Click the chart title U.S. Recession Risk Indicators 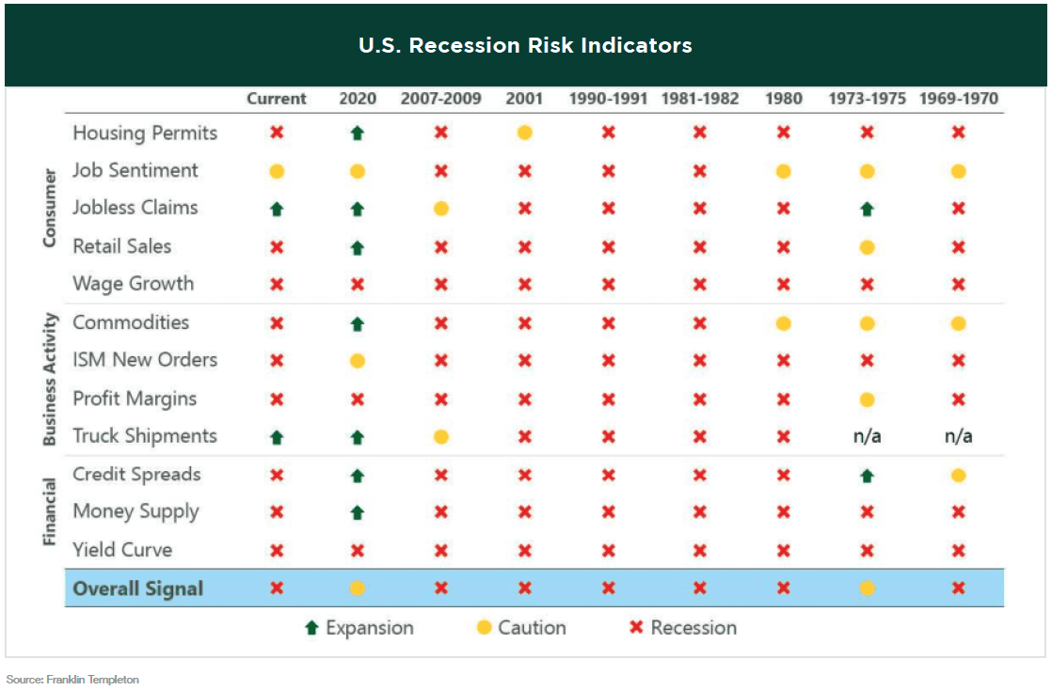tap(525, 45)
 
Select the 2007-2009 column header tap(440, 99)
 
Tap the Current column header tap(277, 99)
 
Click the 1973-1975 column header tap(867, 99)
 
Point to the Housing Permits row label tap(145, 133)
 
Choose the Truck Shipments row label tap(145, 436)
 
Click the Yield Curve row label tap(122, 550)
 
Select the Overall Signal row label tap(137, 589)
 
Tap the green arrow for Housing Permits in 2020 tap(357, 133)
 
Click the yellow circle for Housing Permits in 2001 tap(524, 133)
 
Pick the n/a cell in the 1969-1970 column tap(958, 436)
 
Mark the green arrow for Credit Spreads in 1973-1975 tap(867, 476)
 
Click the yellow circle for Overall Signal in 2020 tap(357, 589)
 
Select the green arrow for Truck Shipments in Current tap(277, 437)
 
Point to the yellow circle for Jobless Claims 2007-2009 tap(440, 209)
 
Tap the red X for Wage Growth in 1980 tap(783, 284)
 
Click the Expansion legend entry tap(359, 628)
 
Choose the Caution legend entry tap(521, 628)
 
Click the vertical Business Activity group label tap(52, 380)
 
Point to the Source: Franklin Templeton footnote tap(72, 679)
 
